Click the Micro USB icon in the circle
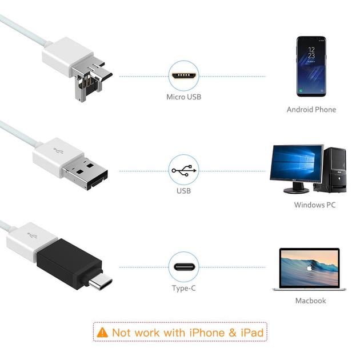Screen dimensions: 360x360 click(x=183, y=75)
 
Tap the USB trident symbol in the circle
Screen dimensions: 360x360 click(x=183, y=170)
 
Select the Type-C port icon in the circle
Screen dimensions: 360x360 click(x=183, y=266)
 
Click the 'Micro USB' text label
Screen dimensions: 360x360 click(x=183, y=97)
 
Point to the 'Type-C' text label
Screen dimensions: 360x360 click(x=183, y=288)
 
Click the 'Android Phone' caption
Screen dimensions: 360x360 click(x=311, y=109)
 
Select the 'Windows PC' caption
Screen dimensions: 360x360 click(x=314, y=205)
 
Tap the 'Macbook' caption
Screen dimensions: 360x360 click(x=310, y=300)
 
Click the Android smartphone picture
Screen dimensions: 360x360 click(x=311, y=66)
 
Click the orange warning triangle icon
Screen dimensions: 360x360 click(x=102, y=332)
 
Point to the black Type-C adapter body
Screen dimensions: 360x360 click(x=67, y=264)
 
